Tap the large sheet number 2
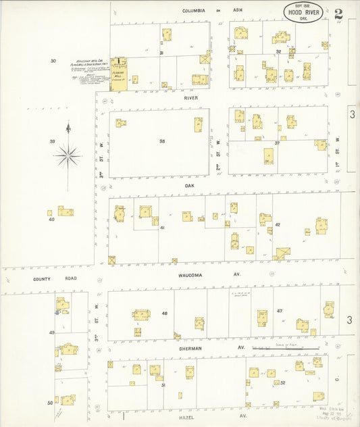(x=337, y=12)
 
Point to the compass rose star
(x=68, y=155)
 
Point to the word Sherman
(x=195, y=346)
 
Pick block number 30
(x=53, y=61)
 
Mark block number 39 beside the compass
(x=51, y=141)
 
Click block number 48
(x=164, y=313)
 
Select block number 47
(x=279, y=311)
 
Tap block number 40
(x=50, y=220)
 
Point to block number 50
(x=50, y=403)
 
